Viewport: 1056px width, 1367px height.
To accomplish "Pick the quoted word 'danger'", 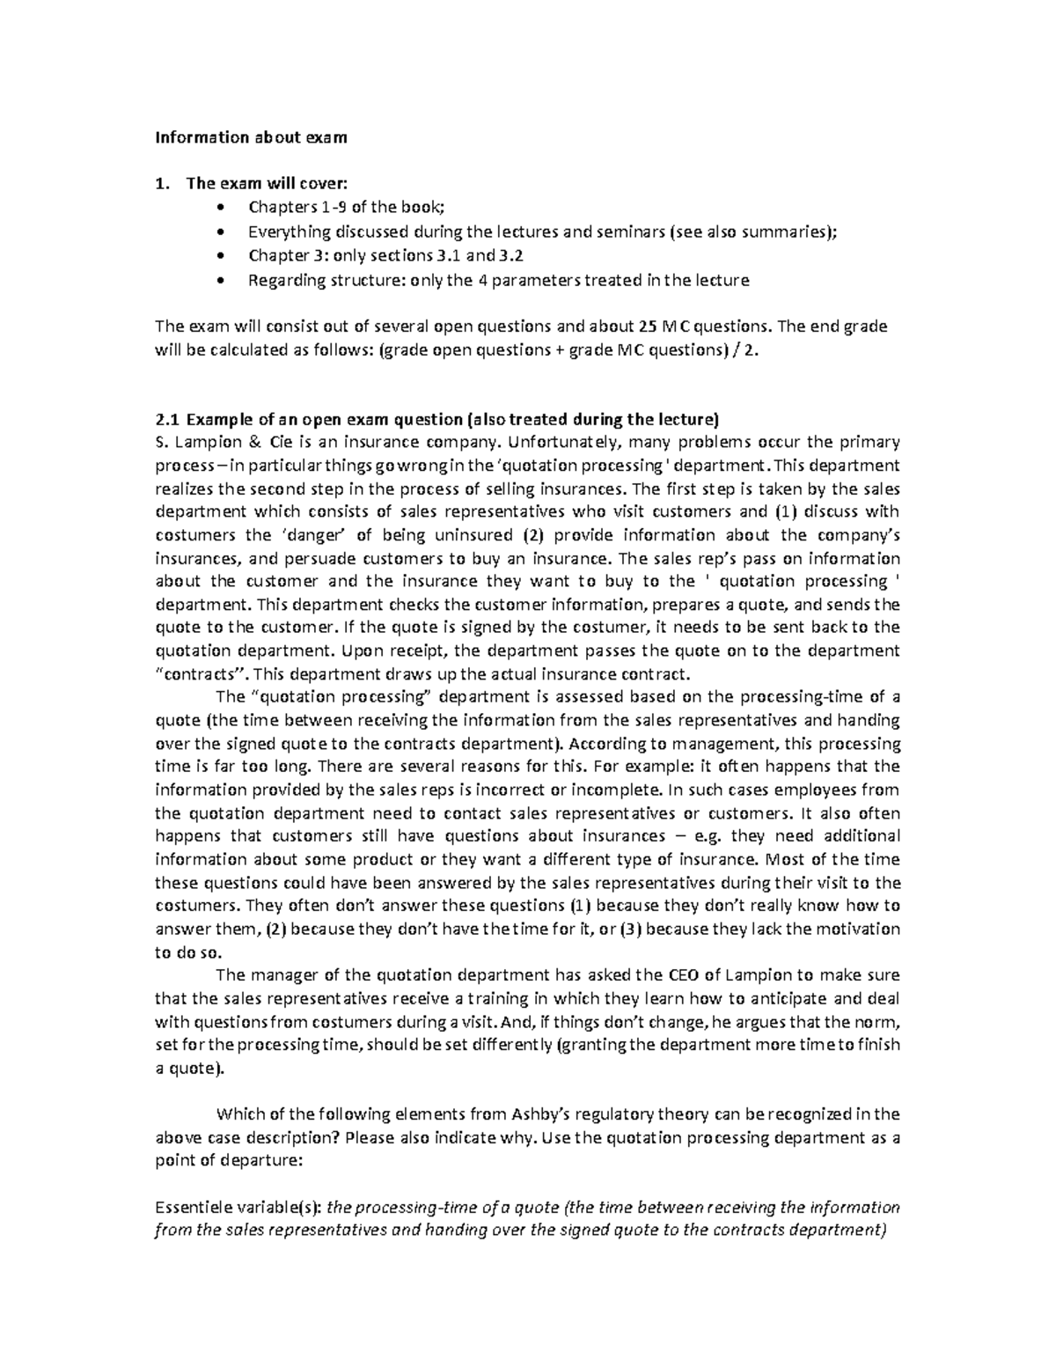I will pyautogui.click(x=312, y=535).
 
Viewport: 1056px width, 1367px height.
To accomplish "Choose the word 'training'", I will pyautogui.click(x=494, y=999).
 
